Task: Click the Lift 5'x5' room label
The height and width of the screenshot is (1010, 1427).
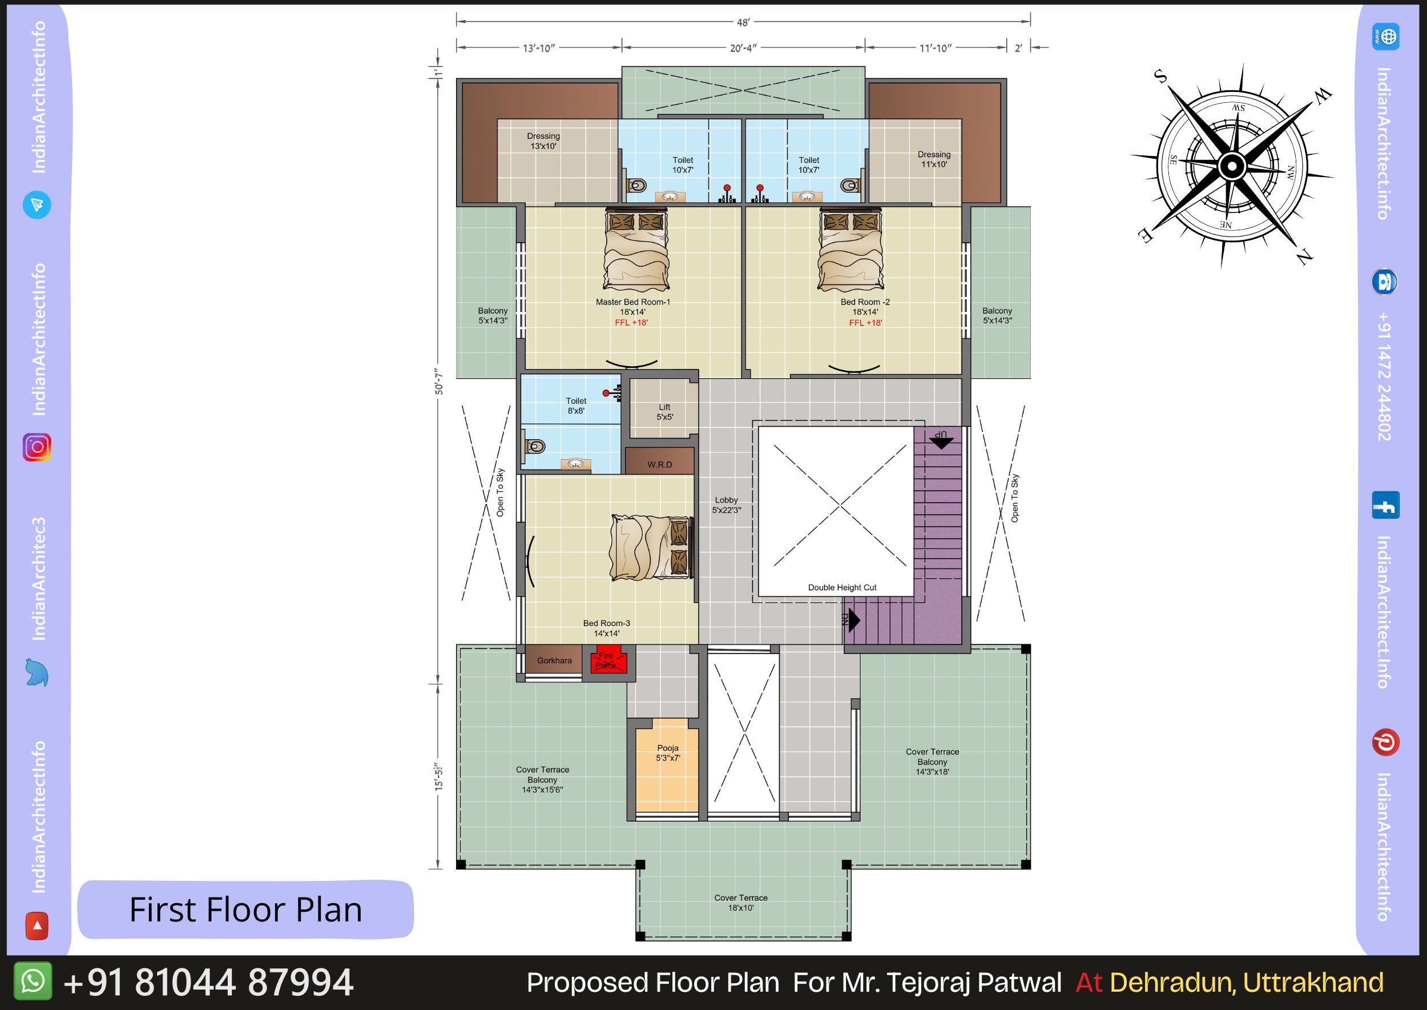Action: click(x=664, y=412)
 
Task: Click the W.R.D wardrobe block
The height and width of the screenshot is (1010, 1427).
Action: click(x=659, y=461)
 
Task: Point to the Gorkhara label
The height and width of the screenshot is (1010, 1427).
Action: click(x=554, y=660)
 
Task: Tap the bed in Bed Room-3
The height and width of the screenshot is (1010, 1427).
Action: click(x=650, y=548)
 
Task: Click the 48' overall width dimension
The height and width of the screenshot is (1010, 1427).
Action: click(x=743, y=22)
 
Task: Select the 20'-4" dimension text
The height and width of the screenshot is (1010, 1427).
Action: click(x=743, y=48)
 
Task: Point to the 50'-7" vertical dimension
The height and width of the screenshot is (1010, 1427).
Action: click(x=439, y=380)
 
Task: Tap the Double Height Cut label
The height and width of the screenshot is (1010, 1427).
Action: click(x=842, y=587)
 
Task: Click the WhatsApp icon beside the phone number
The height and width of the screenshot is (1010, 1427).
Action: click(x=33, y=981)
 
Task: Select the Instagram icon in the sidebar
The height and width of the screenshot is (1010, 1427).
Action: click(x=37, y=447)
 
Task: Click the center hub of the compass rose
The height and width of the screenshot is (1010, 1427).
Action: click(x=1231, y=166)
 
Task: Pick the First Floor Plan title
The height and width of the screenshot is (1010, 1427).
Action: click(x=245, y=910)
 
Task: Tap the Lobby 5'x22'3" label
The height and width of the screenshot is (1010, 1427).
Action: click(x=726, y=505)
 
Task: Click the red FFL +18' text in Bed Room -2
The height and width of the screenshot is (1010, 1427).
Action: click(x=865, y=323)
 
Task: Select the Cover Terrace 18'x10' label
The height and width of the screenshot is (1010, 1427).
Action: click(x=741, y=903)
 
